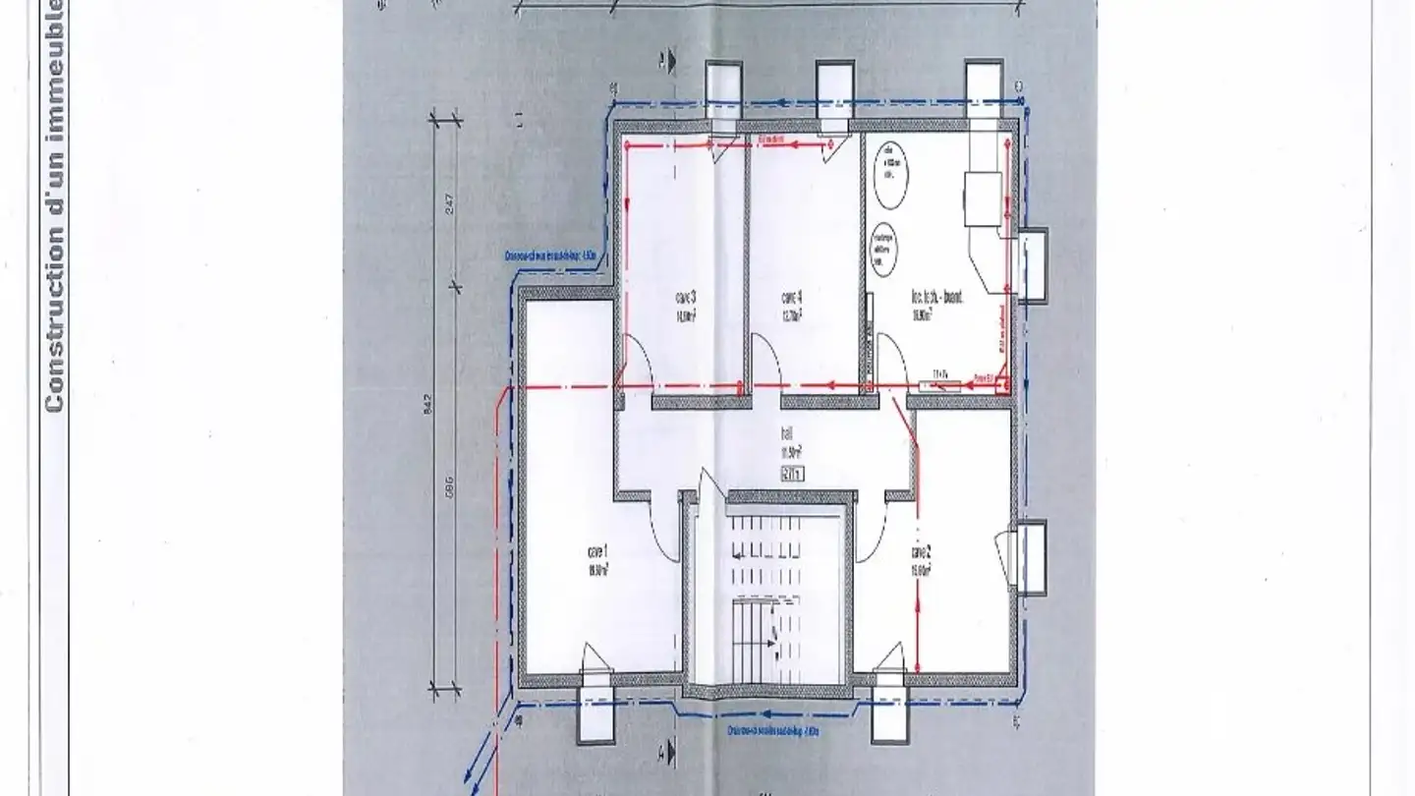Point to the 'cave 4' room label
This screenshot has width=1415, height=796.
coord(792,297)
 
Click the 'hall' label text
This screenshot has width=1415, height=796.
coord(787,432)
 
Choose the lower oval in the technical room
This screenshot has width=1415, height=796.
coord(883,251)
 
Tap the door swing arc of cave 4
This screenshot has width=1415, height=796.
coord(765,354)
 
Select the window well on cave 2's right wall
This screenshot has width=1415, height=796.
coord(1030,558)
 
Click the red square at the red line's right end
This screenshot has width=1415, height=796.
coord(1001,384)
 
